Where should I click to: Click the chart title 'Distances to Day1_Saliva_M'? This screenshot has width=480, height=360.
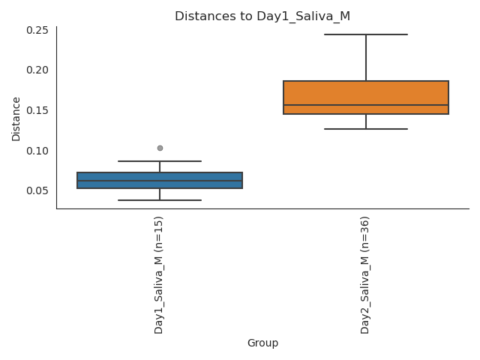262,16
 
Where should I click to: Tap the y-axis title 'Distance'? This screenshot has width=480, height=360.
16,118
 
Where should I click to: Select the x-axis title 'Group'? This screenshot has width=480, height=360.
262,343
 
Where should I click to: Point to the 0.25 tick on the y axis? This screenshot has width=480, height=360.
37,30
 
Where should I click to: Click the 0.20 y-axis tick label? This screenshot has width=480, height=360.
37,70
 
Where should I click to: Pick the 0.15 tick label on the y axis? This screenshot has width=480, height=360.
37,110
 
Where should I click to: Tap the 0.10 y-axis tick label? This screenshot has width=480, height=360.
37,151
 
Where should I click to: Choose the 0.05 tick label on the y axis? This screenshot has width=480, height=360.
37,190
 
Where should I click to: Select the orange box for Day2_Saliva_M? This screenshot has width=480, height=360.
366,93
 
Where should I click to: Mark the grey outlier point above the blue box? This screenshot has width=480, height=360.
160,148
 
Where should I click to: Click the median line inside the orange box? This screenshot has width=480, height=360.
366,105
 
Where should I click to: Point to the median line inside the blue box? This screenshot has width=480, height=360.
160,181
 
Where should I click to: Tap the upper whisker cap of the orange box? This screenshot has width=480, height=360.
366,34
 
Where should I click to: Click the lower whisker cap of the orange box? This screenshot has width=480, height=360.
366,129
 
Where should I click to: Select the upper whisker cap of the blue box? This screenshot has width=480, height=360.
160,161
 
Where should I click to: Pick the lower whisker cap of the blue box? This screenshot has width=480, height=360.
160,200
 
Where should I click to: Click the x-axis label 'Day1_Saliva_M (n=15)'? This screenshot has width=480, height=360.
159,274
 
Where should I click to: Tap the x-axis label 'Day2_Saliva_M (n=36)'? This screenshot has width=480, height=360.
365,274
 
